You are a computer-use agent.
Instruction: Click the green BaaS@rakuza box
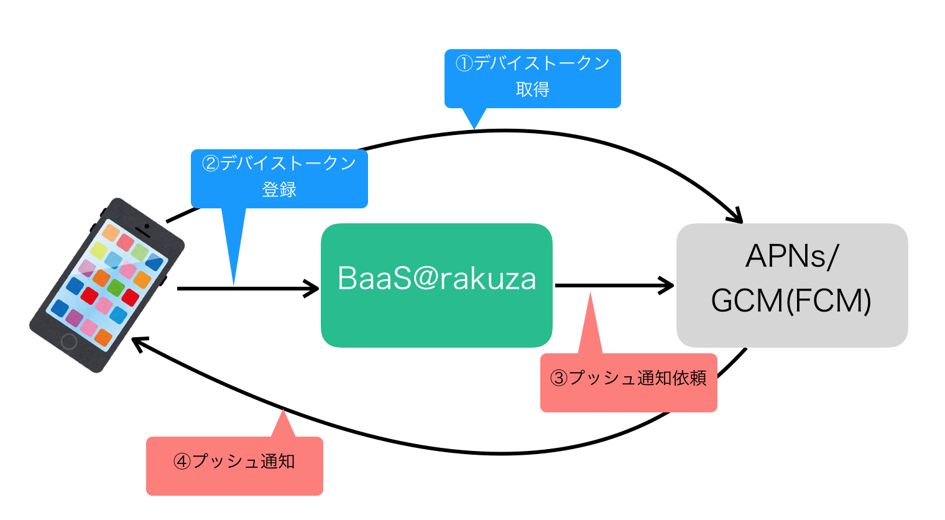coord(436,285)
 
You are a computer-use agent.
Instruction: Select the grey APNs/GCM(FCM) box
coord(791,285)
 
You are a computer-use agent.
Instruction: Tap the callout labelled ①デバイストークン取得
coord(532,78)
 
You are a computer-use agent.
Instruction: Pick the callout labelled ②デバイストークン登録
coord(279,178)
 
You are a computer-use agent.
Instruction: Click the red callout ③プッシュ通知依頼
coord(629,382)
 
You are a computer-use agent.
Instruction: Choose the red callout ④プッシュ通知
coord(234,465)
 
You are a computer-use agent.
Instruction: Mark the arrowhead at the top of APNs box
coord(736,216)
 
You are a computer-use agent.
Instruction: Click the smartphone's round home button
coord(69,341)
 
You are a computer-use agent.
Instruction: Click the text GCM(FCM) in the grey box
coord(791,301)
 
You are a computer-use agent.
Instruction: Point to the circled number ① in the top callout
coord(464,63)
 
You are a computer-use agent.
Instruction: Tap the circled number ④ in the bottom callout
coord(182,462)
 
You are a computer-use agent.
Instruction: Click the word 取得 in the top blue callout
coord(532,90)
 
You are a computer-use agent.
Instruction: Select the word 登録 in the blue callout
coord(279,190)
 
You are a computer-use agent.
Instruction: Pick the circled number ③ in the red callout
coord(559,378)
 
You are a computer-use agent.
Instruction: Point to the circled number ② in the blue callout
coord(211,164)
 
